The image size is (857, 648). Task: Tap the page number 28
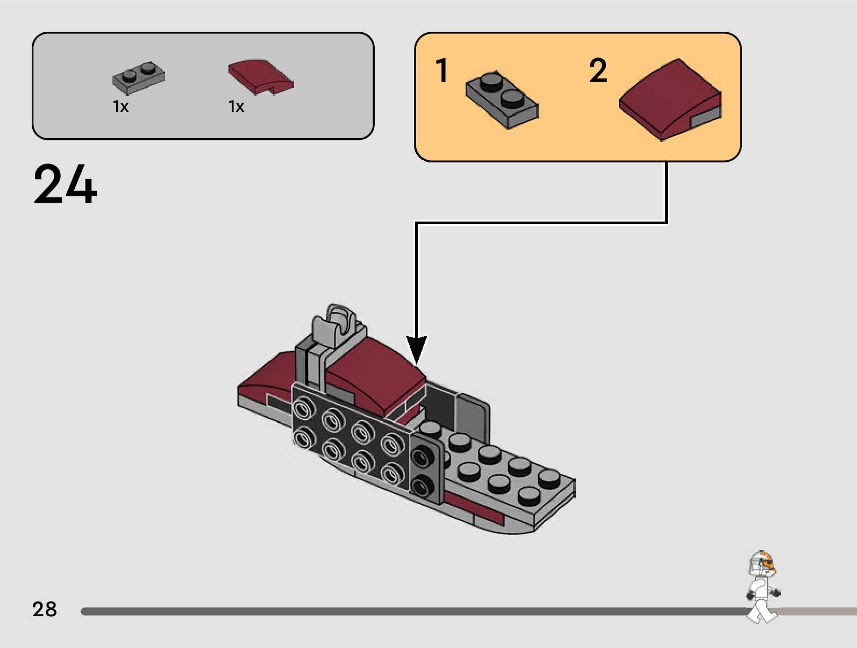44,609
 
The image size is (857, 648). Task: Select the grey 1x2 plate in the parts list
138,77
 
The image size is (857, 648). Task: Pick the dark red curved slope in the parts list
260,76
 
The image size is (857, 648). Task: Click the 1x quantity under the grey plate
120,106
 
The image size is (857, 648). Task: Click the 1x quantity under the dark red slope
236,106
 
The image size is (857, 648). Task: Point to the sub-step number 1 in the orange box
441,70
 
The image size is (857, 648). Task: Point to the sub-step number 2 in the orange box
598,70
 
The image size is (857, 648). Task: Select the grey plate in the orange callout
502,100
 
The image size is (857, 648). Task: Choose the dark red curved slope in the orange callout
669,100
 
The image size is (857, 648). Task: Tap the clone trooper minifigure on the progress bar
762,587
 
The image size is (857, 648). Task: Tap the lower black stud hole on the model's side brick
422,487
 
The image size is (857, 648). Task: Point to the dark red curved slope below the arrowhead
376,376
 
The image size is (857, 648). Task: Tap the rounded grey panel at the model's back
473,414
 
